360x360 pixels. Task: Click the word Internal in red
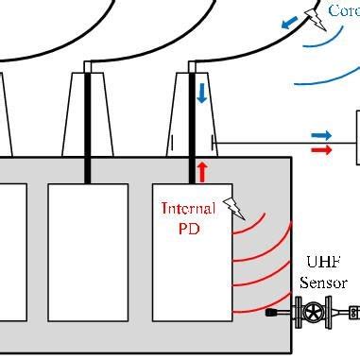pos(189,208)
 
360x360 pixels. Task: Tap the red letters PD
pos(188,227)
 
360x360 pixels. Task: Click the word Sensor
pos(323,283)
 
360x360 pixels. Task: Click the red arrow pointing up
pos(201,171)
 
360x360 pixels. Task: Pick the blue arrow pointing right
pos(321,136)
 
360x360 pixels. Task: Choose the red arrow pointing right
pos(321,149)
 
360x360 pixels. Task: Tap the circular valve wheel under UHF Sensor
pos(311,310)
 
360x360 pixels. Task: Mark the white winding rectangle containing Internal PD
pos(191,274)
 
